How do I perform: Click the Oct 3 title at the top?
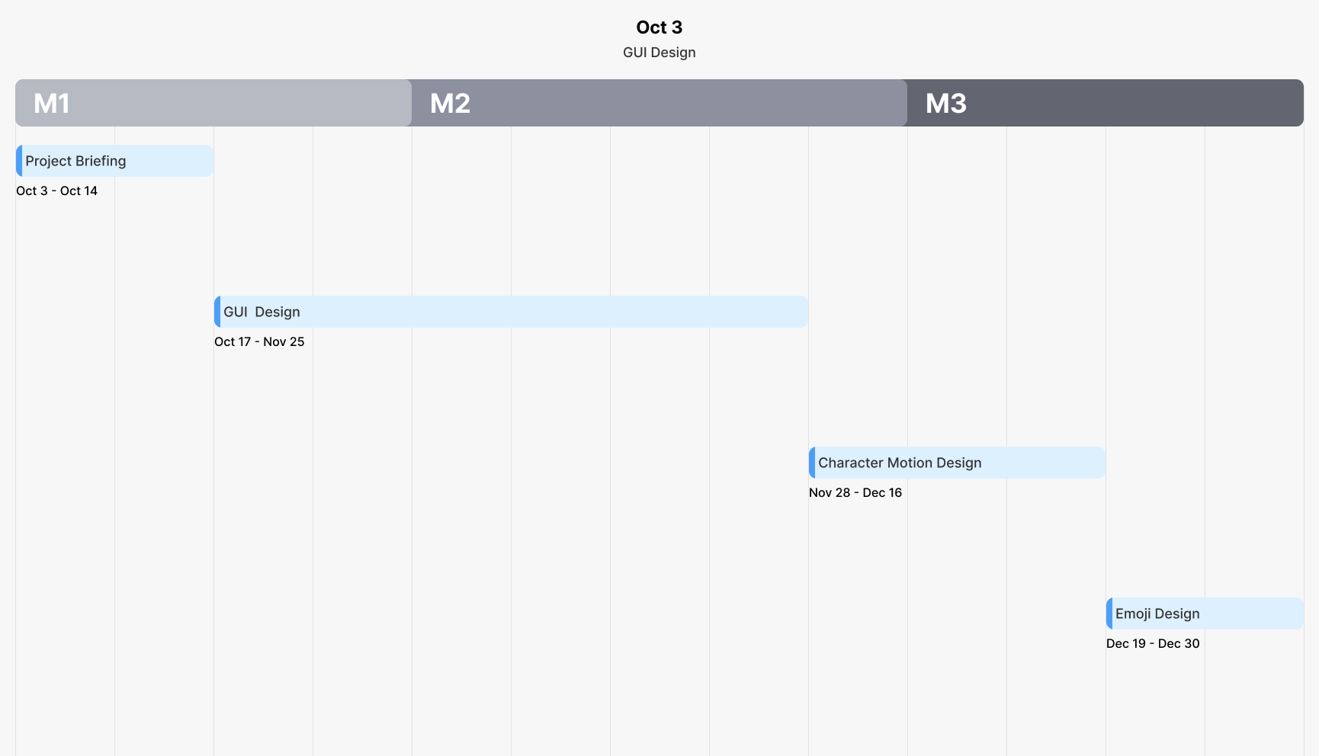659,27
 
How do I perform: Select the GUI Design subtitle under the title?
659,53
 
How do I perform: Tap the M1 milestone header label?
52,103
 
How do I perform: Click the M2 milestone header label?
450,103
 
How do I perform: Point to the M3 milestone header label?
945,103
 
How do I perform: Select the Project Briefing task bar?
114,161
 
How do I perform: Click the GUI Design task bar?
511,312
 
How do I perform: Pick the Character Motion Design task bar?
957,463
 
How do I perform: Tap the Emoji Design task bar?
1205,613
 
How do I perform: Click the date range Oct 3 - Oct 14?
57,191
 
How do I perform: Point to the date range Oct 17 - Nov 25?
259,341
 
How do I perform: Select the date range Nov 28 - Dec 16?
855,492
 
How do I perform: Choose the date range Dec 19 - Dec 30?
1153,643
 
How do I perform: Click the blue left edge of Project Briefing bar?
19,161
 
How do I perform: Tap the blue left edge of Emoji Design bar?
1109,613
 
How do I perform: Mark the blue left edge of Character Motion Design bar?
812,463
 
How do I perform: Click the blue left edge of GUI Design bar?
217,312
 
